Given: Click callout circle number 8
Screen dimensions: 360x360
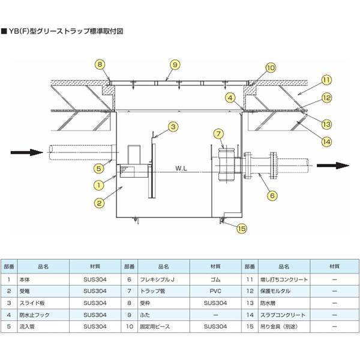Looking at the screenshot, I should coord(101,64).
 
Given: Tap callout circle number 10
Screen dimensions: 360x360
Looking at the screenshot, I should coord(271,68).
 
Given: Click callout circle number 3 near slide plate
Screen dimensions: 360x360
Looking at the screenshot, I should coord(172,127).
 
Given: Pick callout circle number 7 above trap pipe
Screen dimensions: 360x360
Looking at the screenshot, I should coord(219,133).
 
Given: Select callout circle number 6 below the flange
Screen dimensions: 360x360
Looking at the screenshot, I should coord(271,194).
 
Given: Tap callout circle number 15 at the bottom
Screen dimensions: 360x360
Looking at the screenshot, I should coord(242,228).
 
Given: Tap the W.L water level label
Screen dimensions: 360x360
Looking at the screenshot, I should coord(182,169).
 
